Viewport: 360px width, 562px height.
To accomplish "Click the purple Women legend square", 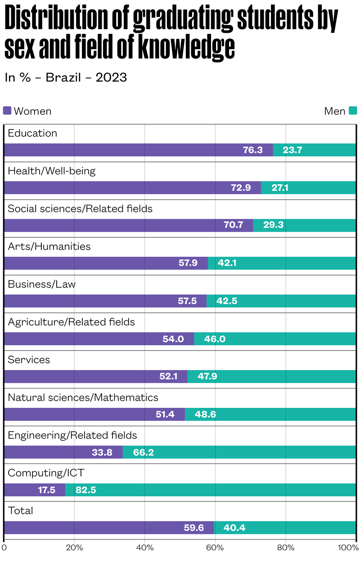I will (x=7, y=111).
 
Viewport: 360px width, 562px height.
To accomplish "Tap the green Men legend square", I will (x=352, y=111).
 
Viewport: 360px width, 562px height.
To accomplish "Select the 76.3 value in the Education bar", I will (x=253, y=150).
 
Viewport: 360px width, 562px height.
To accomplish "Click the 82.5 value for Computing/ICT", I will (x=85, y=490).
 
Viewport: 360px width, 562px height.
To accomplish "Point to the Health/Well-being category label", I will (x=52, y=171).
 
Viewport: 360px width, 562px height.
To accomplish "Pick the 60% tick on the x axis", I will (x=215, y=547).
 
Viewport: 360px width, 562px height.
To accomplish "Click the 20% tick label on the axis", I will (x=74, y=547).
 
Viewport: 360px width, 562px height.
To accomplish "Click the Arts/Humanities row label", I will (x=49, y=246).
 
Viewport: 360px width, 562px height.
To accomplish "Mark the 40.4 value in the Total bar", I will (x=234, y=527).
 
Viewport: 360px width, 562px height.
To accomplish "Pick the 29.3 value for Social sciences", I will (x=273, y=225).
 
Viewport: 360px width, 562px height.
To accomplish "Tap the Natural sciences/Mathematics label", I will (x=83, y=397).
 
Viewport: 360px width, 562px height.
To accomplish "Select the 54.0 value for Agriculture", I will (x=173, y=339).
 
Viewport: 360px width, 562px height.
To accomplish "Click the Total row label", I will (x=21, y=511).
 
